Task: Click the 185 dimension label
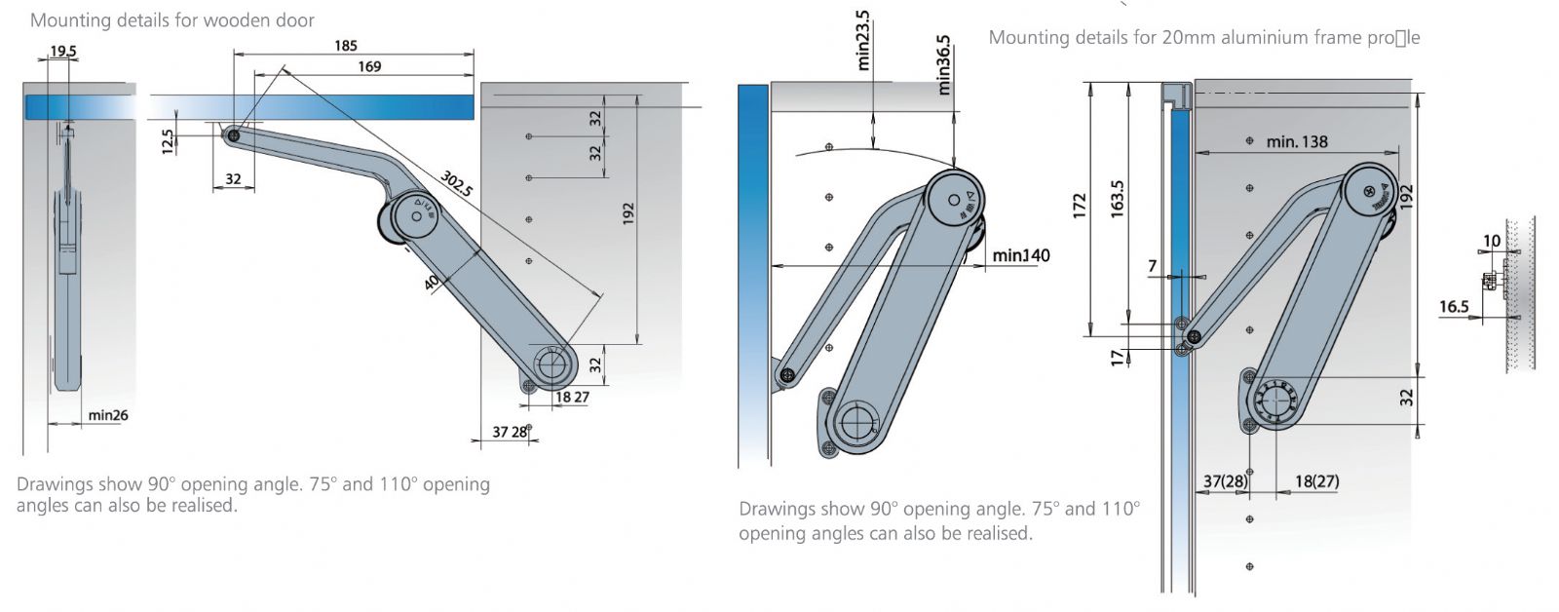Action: (345, 45)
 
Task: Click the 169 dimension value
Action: (369, 66)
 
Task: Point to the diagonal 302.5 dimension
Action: (457, 183)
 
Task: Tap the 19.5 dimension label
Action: (63, 51)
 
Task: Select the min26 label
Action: (107, 415)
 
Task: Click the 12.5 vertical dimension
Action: (168, 142)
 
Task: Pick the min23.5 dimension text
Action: (863, 41)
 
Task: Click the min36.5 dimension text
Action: (943, 64)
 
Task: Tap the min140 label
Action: (1022, 255)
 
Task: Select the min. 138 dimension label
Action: (1297, 142)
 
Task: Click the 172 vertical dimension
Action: (1080, 206)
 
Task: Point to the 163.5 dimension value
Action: (1117, 198)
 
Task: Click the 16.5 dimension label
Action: (1453, 307)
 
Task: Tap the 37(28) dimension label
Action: (1226, 480)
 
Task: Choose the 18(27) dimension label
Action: (1316, 480)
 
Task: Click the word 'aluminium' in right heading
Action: (1231, 38)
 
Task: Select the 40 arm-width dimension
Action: (432, 283)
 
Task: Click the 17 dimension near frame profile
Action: (1117, 358)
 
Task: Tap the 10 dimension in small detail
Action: (1492, 241)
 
